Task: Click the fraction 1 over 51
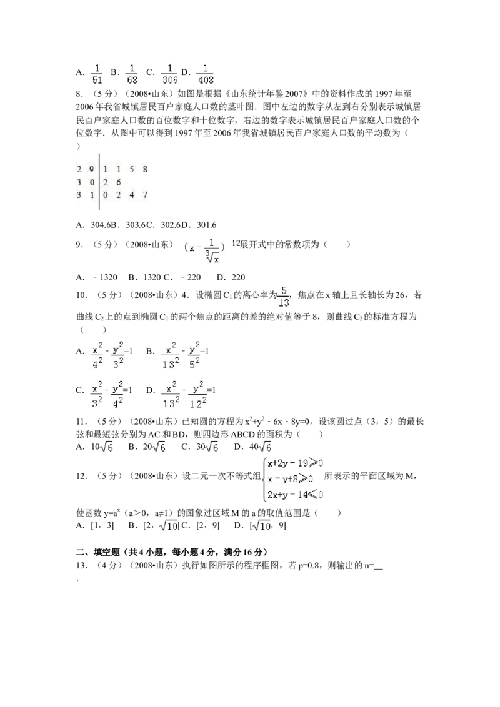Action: click(97, 73)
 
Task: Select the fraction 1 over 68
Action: click(132, 73)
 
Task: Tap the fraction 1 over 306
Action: click(169, 73)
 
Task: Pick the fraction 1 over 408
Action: click(205, 73)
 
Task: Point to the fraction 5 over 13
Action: click(283, 297)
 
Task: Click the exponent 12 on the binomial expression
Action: click(237, 244)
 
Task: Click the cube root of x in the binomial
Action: click(212, 257)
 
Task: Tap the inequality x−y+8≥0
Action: click(290, 479)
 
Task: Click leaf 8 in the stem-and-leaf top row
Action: click(144, 169)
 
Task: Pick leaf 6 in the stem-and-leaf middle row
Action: click(119, 182)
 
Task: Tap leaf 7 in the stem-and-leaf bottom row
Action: click(144, 195)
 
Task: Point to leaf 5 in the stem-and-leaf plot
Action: click(131, 169)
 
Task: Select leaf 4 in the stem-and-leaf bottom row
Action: click(131, 195)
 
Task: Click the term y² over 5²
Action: click(194, 355)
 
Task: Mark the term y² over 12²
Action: click(198, 395)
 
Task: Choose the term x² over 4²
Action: click(97, 355)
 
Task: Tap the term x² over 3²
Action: click(96, 395)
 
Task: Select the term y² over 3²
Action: click(117, 355)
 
